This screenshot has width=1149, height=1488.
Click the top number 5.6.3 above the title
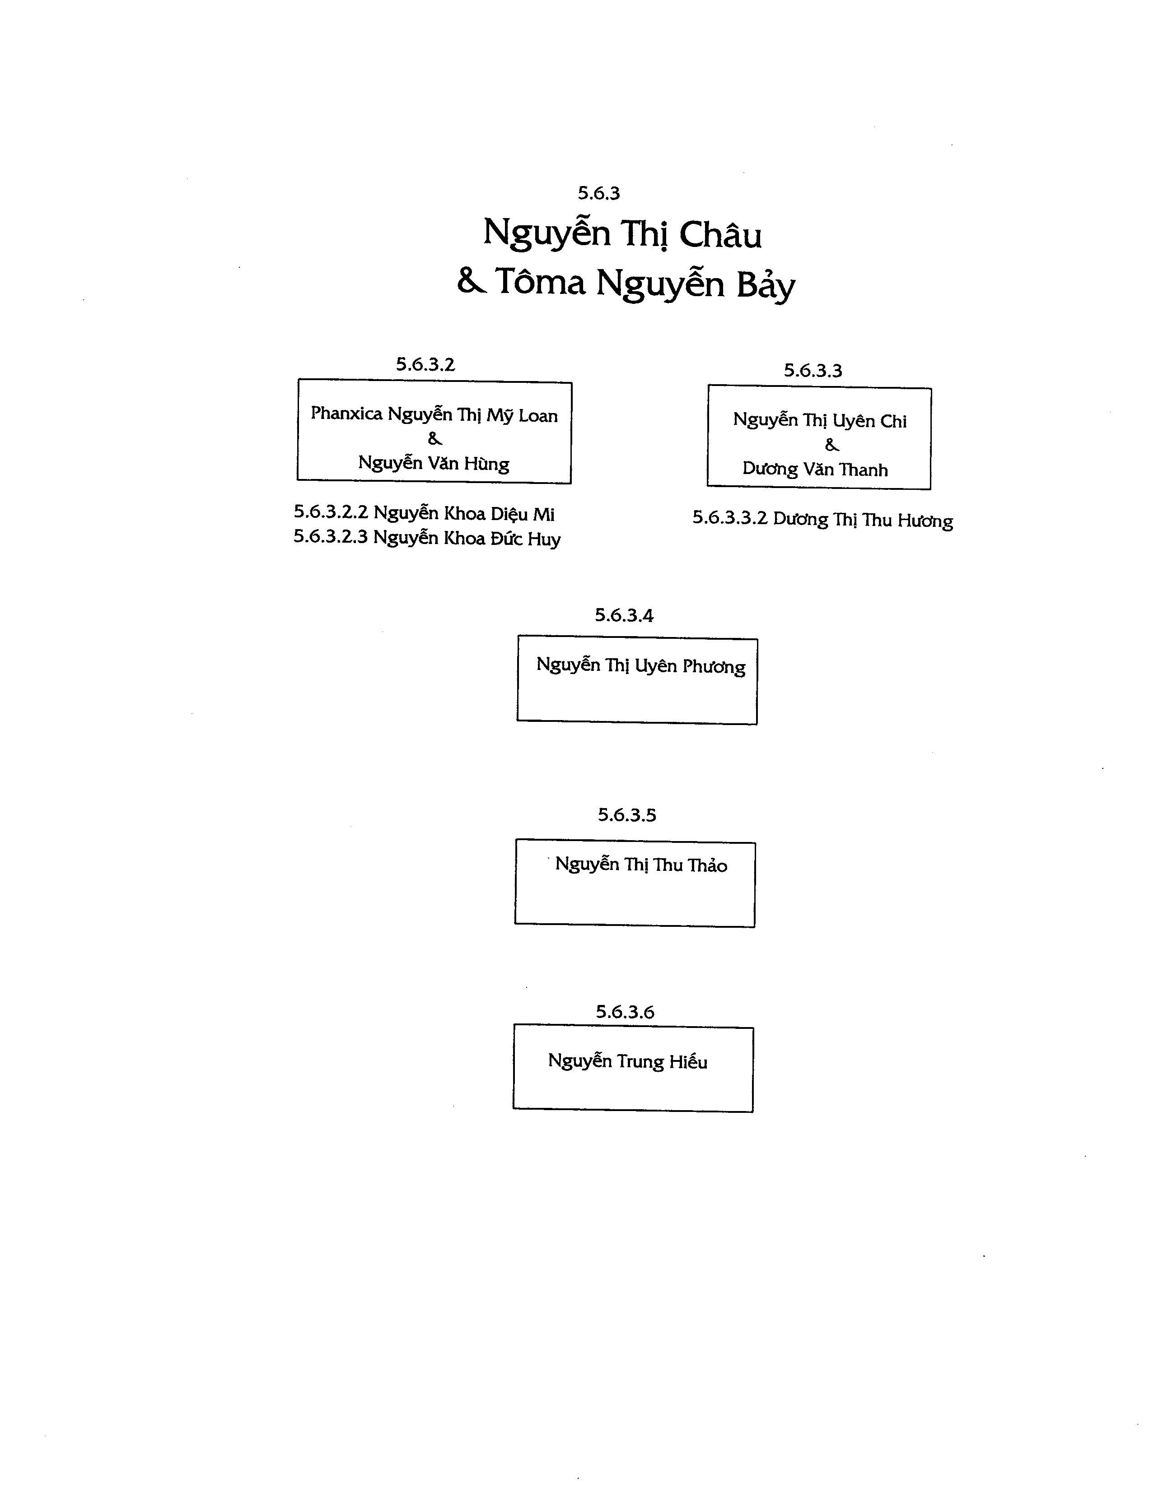tap(598, 194)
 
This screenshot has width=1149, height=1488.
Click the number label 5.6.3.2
tap(425, 364)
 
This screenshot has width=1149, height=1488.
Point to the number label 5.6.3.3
tap(813, 371)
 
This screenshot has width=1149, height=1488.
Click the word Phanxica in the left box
tap(346, 413)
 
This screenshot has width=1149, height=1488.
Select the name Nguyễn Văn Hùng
tap(434, 464)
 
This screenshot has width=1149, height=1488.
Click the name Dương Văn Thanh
tap(815, 470)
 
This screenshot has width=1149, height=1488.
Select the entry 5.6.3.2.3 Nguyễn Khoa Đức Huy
tap(427, 538)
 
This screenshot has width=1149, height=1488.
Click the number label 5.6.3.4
tap(624, 615)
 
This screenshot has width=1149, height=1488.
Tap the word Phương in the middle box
tap(714, 666)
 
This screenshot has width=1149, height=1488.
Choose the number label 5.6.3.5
tap(626, 815)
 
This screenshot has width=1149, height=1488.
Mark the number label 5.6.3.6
tap(625, 1012)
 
